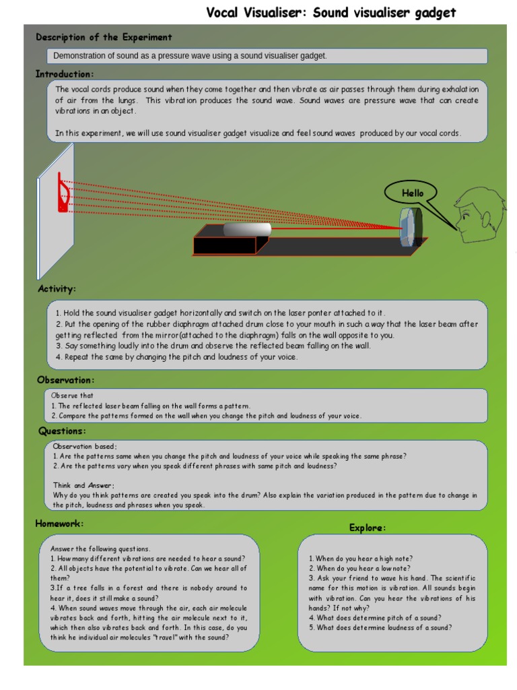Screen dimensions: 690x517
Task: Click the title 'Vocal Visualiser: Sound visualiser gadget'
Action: (331, 13)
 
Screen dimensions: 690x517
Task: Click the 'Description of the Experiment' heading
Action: (104, 38)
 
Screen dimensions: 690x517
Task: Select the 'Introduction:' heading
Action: (65, 74)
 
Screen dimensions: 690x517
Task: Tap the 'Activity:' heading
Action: (57, 289)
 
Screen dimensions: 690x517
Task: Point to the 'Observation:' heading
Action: (65, 381)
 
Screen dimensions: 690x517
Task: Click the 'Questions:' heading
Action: (62, 431)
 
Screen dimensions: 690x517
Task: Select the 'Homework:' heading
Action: (59, 524)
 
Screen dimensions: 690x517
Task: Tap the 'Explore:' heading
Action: (368, 528)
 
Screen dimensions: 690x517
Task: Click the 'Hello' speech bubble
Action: (413, 193)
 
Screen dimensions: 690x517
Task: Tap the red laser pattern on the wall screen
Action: (63, 193)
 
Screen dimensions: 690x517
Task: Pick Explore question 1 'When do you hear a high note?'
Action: (361, 559)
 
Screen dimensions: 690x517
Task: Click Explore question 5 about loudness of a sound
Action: (380, 627)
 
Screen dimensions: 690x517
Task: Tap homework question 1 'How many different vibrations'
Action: (147, 559)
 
